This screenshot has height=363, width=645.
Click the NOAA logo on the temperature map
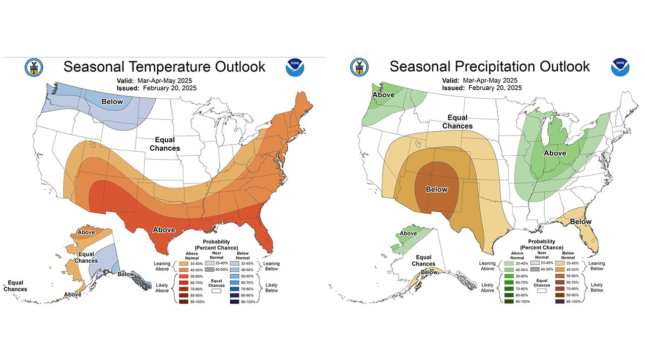click(x=295, y=68)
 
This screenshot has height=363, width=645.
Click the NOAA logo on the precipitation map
click(x=620, y=68)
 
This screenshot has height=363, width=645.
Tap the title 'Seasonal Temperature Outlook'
click(x=164, y=67)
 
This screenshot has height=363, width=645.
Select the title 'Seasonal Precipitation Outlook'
click(x=489, y=67)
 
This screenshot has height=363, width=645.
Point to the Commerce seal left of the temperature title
click(x=34, y=67)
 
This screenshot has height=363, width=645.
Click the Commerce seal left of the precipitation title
click(x=359, y=67)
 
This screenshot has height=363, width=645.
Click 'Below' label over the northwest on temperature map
click(x=112, y=102)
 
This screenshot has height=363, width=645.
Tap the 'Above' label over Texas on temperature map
click(x=164, y=230)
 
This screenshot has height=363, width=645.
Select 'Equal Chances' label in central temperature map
click(x=165, y=144)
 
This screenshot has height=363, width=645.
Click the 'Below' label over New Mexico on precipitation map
click(x=437, y=190)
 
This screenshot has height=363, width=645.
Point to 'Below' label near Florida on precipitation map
click(x=580, y=222)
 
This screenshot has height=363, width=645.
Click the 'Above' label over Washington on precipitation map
click(x=383, y=95)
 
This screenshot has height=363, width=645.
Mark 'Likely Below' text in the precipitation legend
click(x=597, y=287)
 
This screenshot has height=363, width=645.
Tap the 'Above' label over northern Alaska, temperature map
click(x=86, y=232)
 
